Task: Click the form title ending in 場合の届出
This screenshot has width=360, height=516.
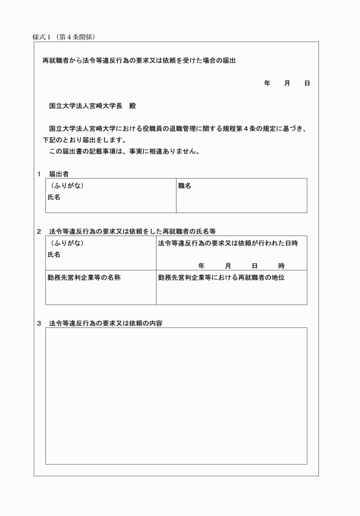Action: pyautogui.click(x=139, y=59)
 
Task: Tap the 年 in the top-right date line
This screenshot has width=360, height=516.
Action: pyautogui.click(x=267, y=83)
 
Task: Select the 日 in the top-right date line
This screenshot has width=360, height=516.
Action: pyautogui.click(x=307, y=83)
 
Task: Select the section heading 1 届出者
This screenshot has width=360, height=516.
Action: pyautogui.click(x=53, y=174)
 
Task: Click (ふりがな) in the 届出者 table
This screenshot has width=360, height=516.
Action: pyautogui.click(x=67, y=186)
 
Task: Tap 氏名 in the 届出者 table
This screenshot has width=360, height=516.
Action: pyautogui.click(x=54, y=197)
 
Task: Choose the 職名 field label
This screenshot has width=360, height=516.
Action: pyautogui.click(x=185, y=186)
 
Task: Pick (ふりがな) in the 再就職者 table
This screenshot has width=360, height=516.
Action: pyautogui.click(x=67, y=243)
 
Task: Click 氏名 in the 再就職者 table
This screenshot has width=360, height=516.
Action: pyautogui.click(x=54, y=255)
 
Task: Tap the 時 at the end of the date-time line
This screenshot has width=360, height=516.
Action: pyautogui.click(x=282, y=266)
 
